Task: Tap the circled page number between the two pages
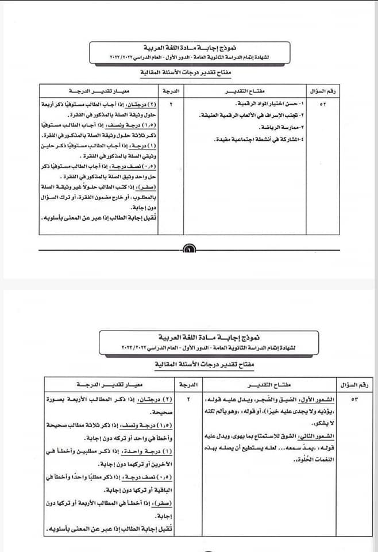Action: (x=190, y=250)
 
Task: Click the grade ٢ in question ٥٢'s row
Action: (x=171, y=103)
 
